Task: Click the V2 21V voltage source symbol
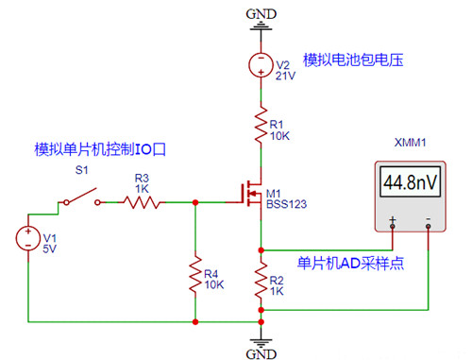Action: pos(261,65)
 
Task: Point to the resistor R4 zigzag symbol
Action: pos(194,275)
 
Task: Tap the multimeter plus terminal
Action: pos(392,223)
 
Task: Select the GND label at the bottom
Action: pos(261,352)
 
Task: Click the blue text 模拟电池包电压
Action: pos(353,60)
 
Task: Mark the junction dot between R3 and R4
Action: pos(194,201)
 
